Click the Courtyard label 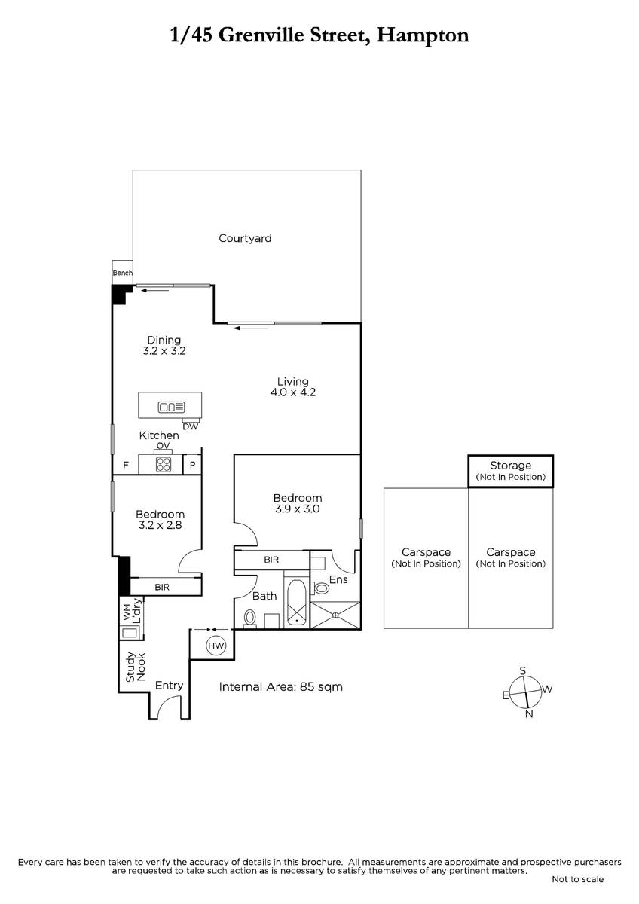click(x=245, y=239)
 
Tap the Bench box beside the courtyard click(x=122, y=273)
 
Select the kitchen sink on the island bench click(x=172, y=408)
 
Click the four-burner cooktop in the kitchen click(x=164, y=464)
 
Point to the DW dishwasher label click(x=191, y=426)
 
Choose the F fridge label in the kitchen click(x=126, y=465)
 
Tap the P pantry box click(x=193, y=465)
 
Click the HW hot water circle click(x=216, y=646)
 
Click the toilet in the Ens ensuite click(x=320, y=588)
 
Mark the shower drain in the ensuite click(x=335, y=615)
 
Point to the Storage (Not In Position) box click(x=511, y=472)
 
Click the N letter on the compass click(x=529, y=713)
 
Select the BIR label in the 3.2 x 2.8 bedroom click(x=162, y=587)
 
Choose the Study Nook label click(x=135, y=667)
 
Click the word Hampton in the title click(x=423, y=35)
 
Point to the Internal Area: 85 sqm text click(x=280, y=686)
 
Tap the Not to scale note click(x=578, y=879)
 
